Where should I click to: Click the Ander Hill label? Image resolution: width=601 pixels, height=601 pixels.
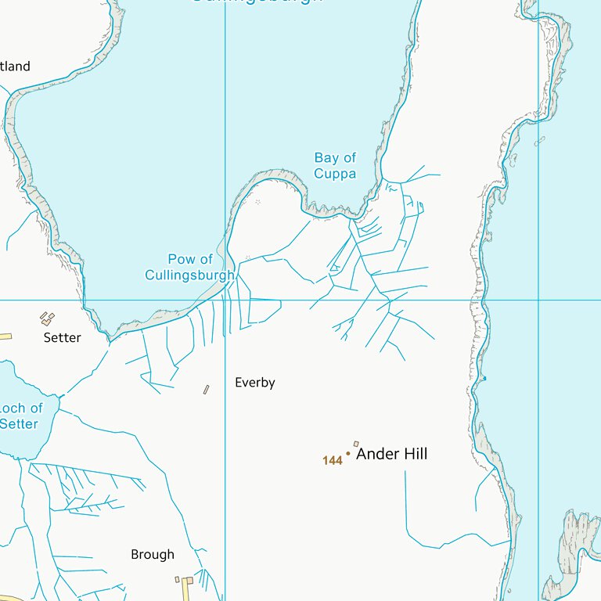[391, 454]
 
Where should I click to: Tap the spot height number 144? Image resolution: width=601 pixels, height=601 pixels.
[333, 461]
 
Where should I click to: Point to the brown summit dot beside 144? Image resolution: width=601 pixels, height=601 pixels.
[348, 453]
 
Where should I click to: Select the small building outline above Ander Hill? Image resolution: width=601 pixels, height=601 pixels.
[356, 444]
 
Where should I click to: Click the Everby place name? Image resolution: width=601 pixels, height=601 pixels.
[255, 383]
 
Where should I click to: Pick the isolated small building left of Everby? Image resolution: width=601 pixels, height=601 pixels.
[207, 389]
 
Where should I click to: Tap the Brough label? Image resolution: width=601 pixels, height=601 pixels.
[153, 555]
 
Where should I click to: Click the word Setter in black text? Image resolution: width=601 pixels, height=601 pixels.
[62, 338]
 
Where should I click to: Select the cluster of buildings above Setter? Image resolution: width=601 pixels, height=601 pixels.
[48, 318]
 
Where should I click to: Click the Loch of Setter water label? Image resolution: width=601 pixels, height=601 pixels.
[20, 416]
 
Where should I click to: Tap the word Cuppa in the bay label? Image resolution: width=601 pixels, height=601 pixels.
[335, 174]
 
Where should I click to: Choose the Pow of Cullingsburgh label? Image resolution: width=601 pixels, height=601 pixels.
[189, 267]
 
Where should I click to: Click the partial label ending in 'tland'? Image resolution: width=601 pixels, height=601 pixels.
[15, 67]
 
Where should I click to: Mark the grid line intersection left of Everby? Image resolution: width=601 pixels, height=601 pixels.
[225, 300]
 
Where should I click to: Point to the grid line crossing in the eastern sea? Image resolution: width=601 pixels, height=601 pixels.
[538, 300]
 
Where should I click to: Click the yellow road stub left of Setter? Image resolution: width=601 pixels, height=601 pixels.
[5, 336]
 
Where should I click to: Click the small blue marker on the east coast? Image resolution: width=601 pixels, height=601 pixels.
[484, 379]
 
